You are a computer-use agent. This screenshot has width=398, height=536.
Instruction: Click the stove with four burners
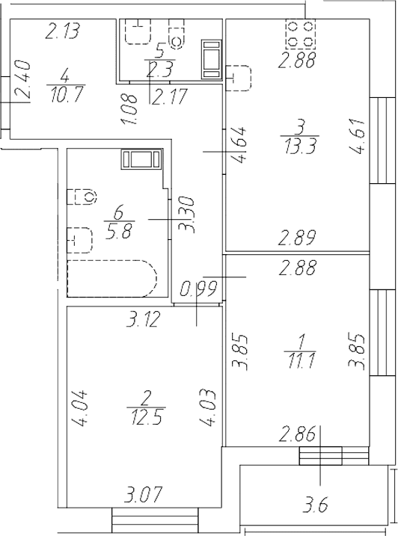[300, 34]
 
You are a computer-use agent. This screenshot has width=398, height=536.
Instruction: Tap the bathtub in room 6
[112, 278]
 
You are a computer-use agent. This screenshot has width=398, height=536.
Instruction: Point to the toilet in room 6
[82, 196]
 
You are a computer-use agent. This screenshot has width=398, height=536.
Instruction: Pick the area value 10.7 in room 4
[66, 95]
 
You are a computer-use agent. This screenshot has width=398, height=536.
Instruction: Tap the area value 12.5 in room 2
[146, 417]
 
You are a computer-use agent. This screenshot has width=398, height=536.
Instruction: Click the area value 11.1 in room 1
[300, 360]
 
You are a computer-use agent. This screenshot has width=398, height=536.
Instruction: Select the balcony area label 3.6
[316, 505]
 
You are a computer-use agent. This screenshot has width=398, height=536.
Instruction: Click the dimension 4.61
[356, 136]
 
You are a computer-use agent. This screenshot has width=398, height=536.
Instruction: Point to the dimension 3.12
[143, 320]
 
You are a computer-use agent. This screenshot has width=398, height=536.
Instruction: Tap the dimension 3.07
[142, 494]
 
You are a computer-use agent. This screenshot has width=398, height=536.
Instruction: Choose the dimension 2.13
[63, 31]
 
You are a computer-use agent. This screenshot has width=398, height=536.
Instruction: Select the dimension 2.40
[22, 81]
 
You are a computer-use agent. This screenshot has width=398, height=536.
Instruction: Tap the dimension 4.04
[79, 408]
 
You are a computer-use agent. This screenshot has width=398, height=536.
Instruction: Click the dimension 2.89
[296, 238]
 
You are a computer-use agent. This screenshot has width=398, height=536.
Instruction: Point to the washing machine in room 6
[141, 158]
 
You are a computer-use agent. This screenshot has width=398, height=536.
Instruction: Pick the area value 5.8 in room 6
[118, 231]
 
